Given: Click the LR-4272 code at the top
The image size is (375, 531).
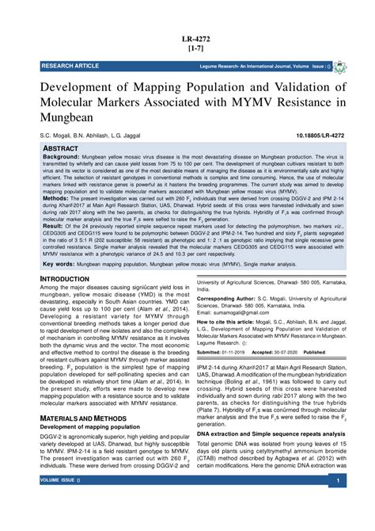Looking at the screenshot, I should click(187, 37).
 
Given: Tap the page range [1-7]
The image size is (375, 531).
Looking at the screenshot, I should click(187, 48).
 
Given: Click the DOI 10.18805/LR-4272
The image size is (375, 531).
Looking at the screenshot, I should click(319, 136).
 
